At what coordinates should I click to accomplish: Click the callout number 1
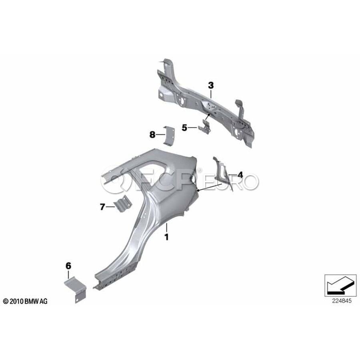[x=167, y=237]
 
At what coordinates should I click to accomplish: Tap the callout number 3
[x=211, y=86]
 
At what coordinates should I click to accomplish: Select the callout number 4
[x=240, y=175]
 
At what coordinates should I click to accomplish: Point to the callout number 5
[x=184, y=128]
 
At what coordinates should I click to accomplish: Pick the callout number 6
[x=68, y=266]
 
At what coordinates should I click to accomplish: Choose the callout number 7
[x=102, y=207]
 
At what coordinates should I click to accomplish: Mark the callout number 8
[x=152, y=134]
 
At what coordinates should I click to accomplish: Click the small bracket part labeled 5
[x=204, y=126]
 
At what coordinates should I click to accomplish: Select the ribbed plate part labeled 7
[x=123, y=204]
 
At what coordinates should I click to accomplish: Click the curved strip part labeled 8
[x=169, y=136]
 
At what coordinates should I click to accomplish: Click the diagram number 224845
[x=342, y=301]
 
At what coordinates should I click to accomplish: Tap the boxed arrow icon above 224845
[x=340, y=285]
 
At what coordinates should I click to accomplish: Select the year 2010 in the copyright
[x=16, y=301]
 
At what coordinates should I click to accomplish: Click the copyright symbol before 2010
[x=6, y=301]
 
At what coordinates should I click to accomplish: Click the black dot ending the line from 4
[x=198, y=190]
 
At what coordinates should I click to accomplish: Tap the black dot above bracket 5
[x=209, y=114]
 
